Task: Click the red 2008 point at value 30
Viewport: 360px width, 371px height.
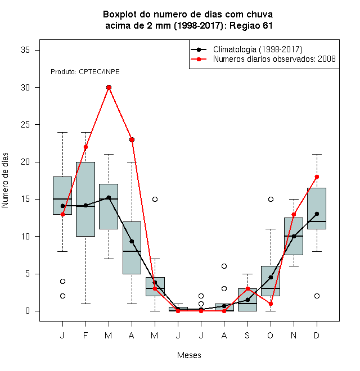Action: click(109, 88)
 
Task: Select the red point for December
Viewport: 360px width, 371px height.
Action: click(317, 177)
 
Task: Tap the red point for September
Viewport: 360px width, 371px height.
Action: click(247, 289)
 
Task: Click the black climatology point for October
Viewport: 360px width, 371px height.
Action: click(271, 277)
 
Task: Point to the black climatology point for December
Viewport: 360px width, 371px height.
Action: click(317, 214)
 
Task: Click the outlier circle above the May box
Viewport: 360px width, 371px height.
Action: click(155, 199)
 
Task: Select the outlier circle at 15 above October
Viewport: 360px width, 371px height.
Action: click(271, 199)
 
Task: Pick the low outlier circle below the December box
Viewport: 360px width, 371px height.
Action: click(317, 296)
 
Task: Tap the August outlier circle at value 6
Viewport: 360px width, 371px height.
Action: click(224, 266)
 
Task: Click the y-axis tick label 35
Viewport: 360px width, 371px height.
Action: click(25, 50)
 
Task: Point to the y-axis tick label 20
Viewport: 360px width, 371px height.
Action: click(25, 162)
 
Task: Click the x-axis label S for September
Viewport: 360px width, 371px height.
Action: click(247, 335)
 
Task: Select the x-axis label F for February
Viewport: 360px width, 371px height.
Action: click(85, 335)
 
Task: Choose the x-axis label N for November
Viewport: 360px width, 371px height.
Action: click(294, 335)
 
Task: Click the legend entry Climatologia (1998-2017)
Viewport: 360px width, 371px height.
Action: click(258, 49)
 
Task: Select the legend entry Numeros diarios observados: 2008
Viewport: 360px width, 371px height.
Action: click(274, 59)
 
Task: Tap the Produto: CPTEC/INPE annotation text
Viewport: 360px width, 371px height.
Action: click(85, 72)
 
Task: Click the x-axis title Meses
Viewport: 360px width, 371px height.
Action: click(189, 355)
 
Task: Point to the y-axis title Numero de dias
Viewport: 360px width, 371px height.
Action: click(5, 180)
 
